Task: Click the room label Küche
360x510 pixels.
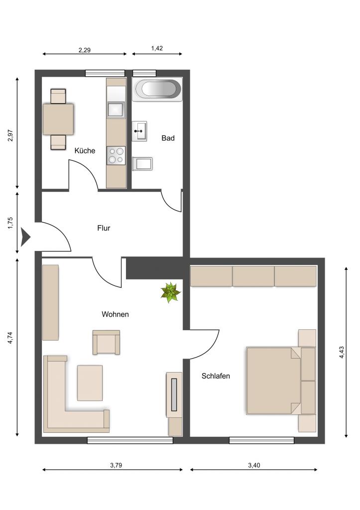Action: tap(85, 150)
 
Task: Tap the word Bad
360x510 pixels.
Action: tap(168, 138)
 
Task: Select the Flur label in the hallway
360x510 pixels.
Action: tap(104, 228)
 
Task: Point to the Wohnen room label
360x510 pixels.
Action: tap(115, 314)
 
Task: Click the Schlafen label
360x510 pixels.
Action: tap(216, 376)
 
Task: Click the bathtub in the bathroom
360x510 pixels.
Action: tap(157, 89)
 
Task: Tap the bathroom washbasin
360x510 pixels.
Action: tap(139, 131)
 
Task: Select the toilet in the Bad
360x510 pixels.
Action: tap(142, 164)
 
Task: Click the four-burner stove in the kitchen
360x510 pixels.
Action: tap(116, 155)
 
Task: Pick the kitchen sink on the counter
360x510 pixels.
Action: tap(116, 110)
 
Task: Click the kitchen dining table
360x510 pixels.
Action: tap(58, 119)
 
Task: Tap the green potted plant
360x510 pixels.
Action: tap(170, 292)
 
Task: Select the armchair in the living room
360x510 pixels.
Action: tap(107, 342)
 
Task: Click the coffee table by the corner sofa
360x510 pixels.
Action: tap(90, 383)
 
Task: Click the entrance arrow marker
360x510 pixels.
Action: tap(25, 237)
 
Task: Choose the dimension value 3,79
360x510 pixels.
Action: tap(116, 465)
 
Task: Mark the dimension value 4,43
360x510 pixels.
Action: tap(342, 352)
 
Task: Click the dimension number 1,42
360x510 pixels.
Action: tap(157, 48)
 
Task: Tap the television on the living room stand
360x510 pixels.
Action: tap(174, 394)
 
